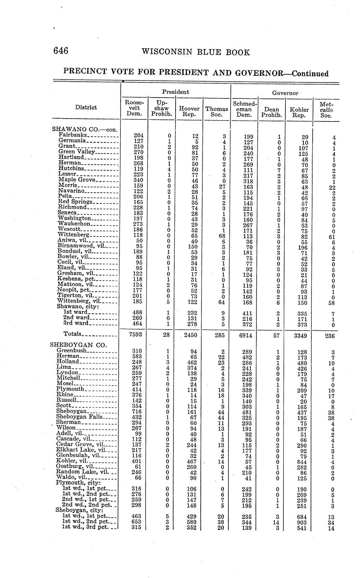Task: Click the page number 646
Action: [61, 51]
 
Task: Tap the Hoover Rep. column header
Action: [189, 111]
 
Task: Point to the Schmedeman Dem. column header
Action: [245, 108]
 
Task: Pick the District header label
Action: [86, 107]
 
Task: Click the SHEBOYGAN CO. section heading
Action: [78, 345]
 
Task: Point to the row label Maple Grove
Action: [78, 180]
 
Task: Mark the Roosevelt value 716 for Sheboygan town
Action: [137, 411]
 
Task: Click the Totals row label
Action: [72, 334]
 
